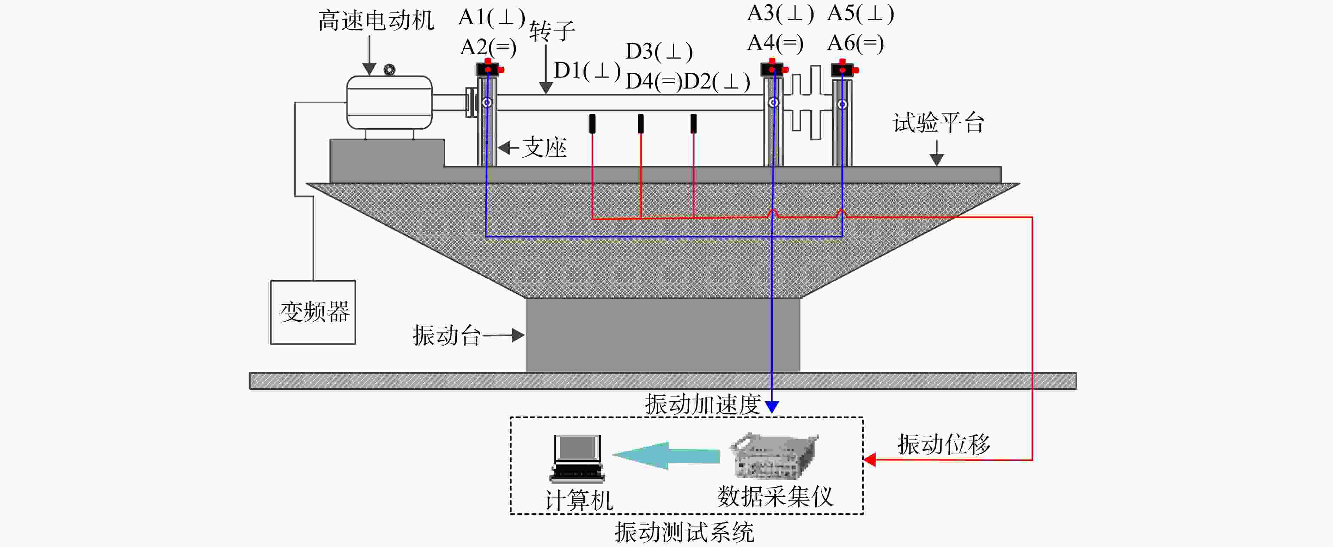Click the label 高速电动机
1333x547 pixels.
[x=376, y=21]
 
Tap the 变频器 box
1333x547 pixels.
[x=313, y=312]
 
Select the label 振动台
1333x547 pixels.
[x=446, y=335]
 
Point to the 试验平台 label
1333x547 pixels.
[x=938, y=123]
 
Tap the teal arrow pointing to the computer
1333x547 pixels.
[x=666, y=455]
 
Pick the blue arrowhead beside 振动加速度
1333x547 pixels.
[x=772, y=407]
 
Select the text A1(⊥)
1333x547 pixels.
[x=492, y=18]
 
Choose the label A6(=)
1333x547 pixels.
[x=856, y=43]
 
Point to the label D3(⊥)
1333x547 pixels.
[x=659, y=52]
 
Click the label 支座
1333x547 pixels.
[x=544, y=148]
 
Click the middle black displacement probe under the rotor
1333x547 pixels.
[x=641, y=123]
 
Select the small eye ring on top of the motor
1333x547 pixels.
[x=389, y=69]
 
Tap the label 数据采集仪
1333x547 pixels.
[x=775, y=497]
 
